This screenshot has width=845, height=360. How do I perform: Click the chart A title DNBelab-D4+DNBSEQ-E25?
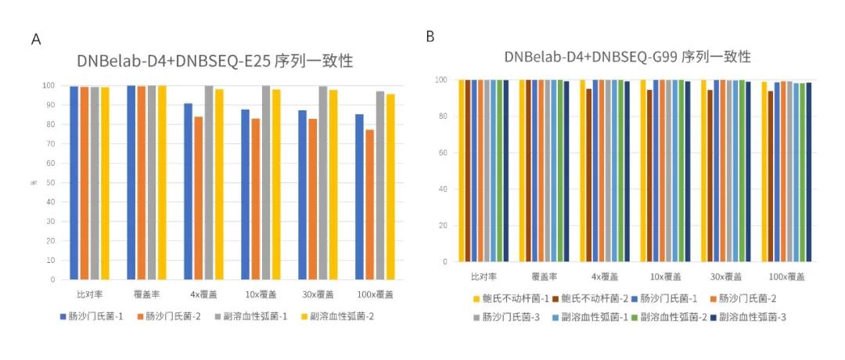[220, 61]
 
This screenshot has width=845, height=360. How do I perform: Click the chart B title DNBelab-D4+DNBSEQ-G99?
[627, 56]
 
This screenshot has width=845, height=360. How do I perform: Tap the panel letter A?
[35, 39]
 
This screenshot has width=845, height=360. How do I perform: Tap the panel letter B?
[430, 36]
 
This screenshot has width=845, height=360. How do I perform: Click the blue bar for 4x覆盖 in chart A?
[188, 191]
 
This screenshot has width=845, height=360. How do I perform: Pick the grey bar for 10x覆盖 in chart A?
[266, 182]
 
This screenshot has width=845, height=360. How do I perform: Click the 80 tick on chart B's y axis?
[442, 117]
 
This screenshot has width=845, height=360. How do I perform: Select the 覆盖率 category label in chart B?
[545, 276]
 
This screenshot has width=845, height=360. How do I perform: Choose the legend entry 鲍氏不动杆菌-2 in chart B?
[586, 298]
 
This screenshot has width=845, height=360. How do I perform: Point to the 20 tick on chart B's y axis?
[442, 225]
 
